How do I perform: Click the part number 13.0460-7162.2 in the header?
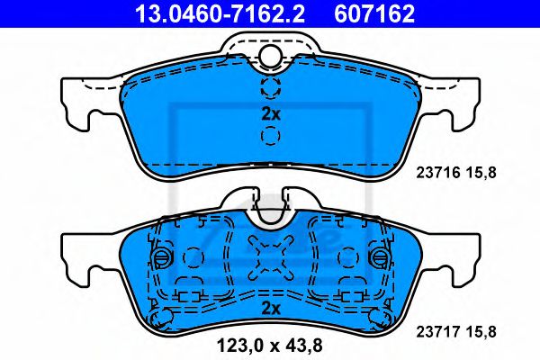220,13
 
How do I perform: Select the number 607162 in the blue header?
374,13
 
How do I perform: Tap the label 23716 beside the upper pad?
438,173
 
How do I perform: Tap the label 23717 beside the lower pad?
438,332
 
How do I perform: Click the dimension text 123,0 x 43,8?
270,346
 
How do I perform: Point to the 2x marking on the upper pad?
271,114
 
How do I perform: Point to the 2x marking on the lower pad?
271,309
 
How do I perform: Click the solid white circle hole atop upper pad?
270,56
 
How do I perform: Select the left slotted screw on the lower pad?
161,256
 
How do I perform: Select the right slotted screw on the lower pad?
380,256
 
